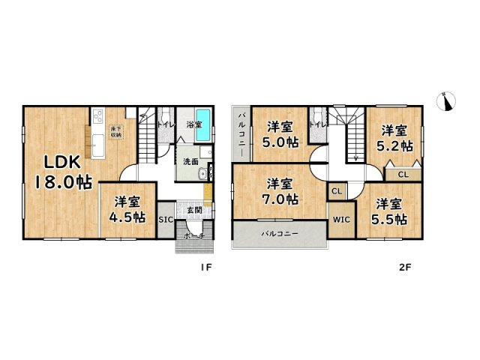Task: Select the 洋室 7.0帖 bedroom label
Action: point(280,191)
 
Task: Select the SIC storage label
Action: point(166,220)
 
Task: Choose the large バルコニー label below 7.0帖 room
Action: point(280,234)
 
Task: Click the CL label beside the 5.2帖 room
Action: point(403,174)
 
